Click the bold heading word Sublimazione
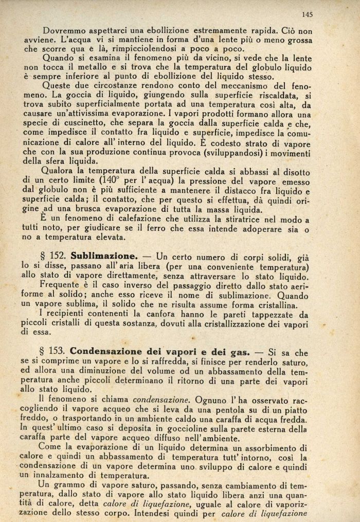click(x=103, y=256)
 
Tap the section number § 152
click(x=53, y=256)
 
